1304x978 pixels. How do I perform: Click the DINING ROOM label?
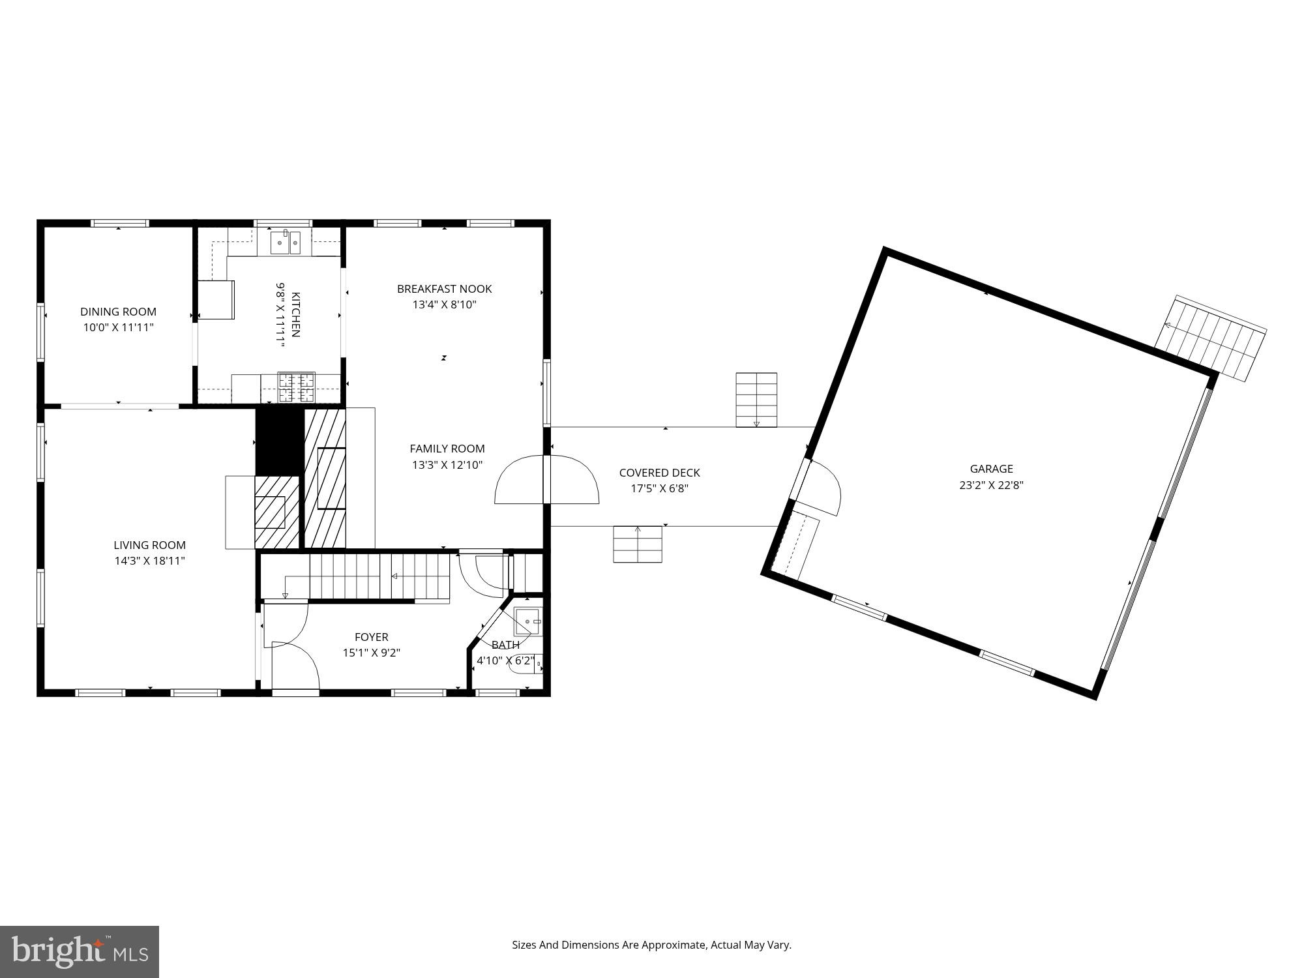point(118,312)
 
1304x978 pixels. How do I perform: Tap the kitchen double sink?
point(286,243)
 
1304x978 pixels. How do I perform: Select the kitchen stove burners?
point(297,387)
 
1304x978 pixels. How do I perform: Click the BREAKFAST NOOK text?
point(444,289)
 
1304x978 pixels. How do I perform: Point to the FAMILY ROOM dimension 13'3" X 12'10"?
point(447,465)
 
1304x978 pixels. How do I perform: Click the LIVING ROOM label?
point(149,545)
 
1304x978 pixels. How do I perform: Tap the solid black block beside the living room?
point(279,441)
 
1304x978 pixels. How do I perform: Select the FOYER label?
point(371,637)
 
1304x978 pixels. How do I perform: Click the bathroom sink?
point(527,621)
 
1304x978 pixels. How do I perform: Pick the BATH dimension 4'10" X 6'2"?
point(505,660)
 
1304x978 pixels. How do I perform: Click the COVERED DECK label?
point(659,473)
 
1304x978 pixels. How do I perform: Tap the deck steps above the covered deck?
point(756,400)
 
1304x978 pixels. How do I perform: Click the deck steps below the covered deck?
point(637,544)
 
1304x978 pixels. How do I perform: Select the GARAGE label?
point(991,469)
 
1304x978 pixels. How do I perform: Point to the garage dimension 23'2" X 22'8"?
point(991,485)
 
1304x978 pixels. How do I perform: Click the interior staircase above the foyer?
point(378,576)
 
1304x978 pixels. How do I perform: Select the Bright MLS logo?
point(79,951)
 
